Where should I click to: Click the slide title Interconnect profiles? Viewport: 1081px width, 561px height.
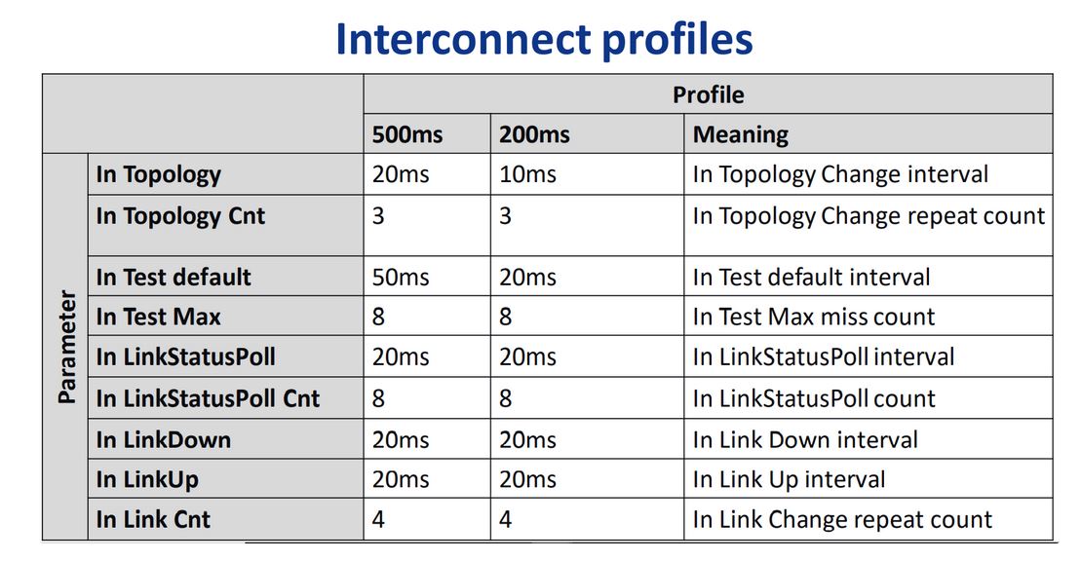pos(544,40)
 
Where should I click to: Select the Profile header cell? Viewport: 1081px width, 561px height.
pos(708,94)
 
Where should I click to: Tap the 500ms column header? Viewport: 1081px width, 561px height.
pos(407,134)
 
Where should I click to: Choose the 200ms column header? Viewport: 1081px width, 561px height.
pos(534,134)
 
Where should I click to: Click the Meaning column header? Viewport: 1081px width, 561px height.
pos(741,134)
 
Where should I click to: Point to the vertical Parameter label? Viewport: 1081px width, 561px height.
pos(67,346)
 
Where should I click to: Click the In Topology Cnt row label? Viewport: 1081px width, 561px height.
pos(180,216)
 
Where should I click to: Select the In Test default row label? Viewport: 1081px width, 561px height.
pos(174,277)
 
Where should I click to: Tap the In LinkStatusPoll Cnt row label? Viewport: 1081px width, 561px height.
pos(209,398)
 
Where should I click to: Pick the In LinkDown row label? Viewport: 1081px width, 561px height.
pos(164,439)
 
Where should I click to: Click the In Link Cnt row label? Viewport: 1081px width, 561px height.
pos(153,520)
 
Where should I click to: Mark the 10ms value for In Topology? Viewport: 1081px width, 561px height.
pos(527,174)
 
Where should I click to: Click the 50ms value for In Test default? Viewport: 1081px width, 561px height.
pos(401,277)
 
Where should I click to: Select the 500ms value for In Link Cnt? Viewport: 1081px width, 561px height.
pos(378,520)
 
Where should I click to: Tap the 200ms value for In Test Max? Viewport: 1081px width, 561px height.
pos(505,318)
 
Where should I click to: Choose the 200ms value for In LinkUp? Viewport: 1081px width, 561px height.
pos(527,480)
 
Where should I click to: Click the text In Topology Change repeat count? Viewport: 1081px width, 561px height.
pos(869,216)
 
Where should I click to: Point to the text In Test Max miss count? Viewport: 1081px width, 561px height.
pos(814,318)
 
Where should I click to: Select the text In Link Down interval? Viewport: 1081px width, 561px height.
pos(805,439)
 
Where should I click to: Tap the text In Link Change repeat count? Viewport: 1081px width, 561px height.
pos(842,520)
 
